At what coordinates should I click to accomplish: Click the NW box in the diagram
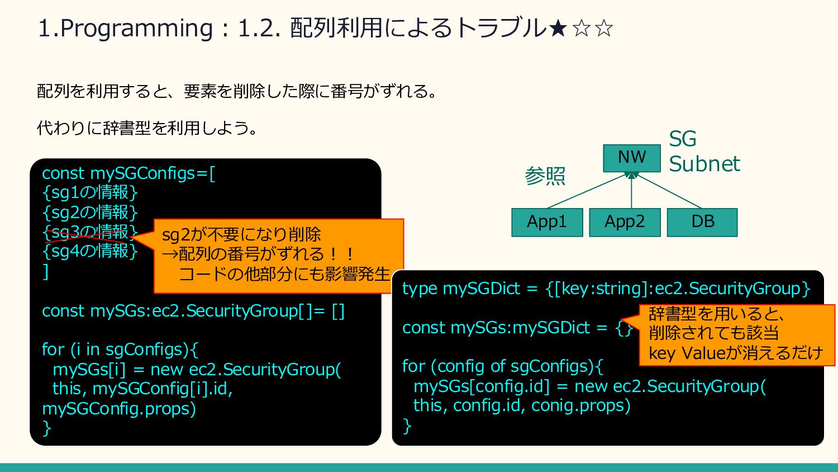(631, 158)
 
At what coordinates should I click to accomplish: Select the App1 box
(547, 222)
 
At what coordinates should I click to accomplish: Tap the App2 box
(625, 222)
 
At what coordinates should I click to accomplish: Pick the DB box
(702, 222)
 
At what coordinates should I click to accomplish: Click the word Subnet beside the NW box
(704, 164)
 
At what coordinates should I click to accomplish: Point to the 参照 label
(545, 176)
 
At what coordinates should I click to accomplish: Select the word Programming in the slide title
(136, 29)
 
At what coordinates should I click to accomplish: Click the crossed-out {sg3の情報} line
(89, 232)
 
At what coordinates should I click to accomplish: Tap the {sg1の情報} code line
(89, 192)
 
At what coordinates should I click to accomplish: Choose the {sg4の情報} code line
(89, 251)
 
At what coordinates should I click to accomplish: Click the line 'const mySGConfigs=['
(128, 173)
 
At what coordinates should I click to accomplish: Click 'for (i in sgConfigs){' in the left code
(120, 350)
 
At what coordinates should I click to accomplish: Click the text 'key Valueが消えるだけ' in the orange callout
(736, 353)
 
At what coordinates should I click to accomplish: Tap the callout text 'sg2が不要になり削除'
(241, 234)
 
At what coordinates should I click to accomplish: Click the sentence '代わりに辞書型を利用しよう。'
(147, 128)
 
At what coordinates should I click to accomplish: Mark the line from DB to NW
(669, 191)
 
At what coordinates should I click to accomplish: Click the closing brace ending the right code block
(407, 426)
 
